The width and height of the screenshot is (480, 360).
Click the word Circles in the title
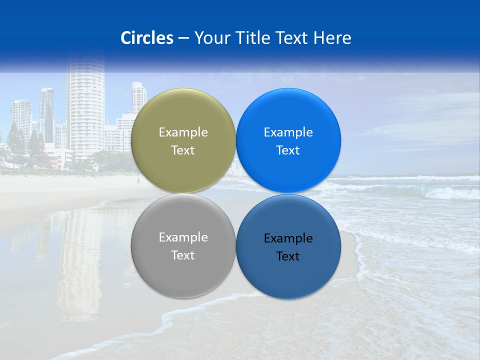tap(147, 38)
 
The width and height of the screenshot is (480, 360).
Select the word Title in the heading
tap(253, 38)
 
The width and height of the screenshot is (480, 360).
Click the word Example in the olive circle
tap(183, 132)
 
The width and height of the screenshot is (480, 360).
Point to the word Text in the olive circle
tap(183, 150)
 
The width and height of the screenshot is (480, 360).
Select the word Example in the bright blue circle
tap(288, 132)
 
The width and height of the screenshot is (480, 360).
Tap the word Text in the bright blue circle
tap(288, 150)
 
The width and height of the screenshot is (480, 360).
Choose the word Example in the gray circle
tap(183, 237)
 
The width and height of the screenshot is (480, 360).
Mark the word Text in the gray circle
tap(183, 255)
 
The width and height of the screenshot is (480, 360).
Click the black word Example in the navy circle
tap(288, 238)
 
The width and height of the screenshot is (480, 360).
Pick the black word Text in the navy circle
tap(288, 256)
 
